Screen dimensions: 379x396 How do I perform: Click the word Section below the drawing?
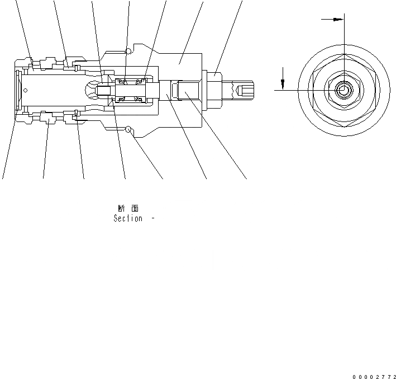128,219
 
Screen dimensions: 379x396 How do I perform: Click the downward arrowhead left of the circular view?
283,85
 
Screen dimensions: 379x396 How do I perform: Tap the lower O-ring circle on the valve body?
129,130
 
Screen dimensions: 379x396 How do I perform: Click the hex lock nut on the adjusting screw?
214,90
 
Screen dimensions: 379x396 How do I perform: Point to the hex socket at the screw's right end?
245,90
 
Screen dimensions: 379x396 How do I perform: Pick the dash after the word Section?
152,219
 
